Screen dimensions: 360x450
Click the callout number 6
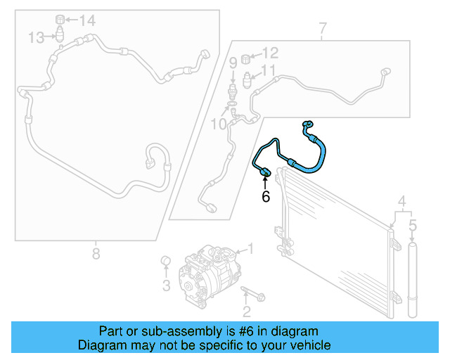(x=265, y=197)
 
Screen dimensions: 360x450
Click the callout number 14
(x=86, y=20)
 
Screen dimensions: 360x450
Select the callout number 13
(x=37, y=37)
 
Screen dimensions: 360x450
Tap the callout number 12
(x=270, y=52)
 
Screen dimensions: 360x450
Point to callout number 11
(x=269, y=70)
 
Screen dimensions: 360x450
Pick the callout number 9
(x=233, y=63)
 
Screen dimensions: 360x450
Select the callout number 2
(x=246, y=311)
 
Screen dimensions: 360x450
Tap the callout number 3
(x=166, y=285)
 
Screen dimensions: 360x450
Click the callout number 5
(x=413, y=226)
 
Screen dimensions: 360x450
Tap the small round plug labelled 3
(x=167, y=262)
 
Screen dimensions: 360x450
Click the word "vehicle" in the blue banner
(x=305, y=345)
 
